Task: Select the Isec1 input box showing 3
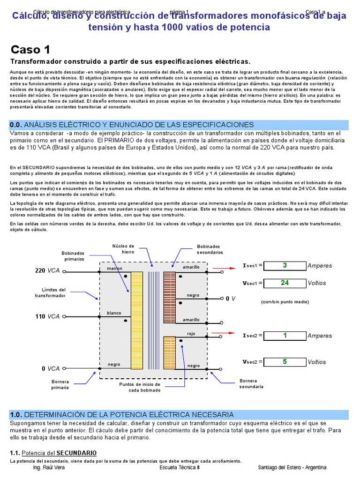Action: [285, 266]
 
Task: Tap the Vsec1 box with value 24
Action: [285, 283]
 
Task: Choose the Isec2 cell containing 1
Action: [285, 336]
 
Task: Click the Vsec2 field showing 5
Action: [285, 362]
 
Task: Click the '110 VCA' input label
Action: [48, 316]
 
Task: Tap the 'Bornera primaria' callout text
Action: [60, 385]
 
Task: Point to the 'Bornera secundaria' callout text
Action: [251, 384]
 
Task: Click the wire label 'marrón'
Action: [114, 268]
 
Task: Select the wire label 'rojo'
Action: [191, 334]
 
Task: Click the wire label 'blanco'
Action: [114, 313]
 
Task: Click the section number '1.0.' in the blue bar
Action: [16, 415]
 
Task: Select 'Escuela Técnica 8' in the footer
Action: [180, 467]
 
